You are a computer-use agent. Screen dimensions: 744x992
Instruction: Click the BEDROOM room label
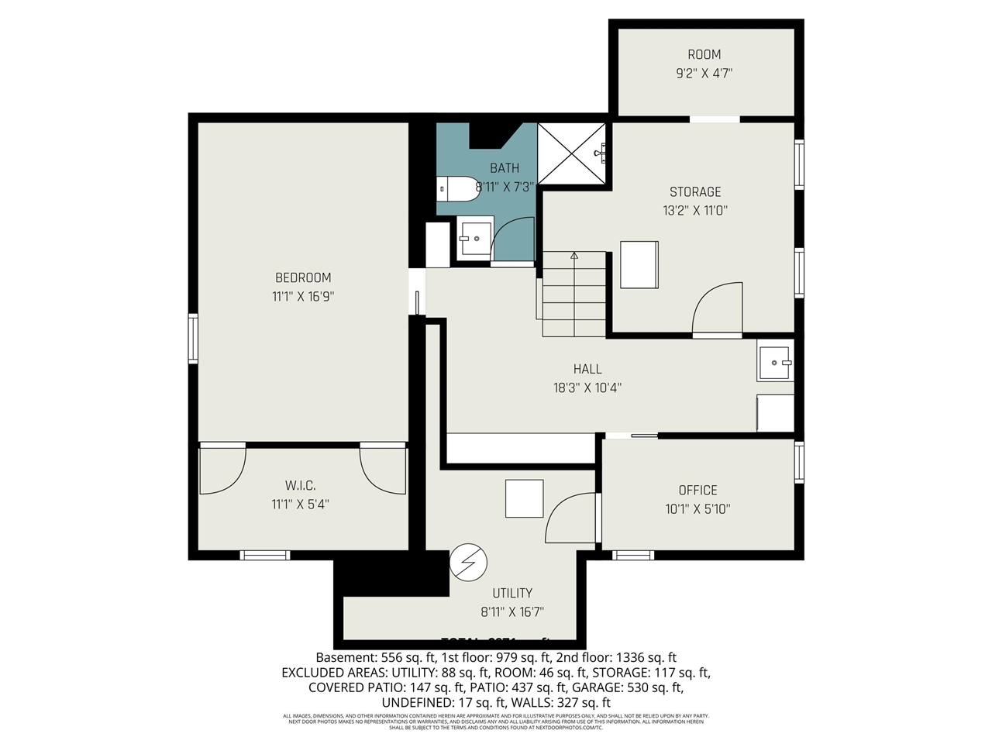coord(303,277)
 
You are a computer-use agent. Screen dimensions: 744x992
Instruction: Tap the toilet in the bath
coord(457,188)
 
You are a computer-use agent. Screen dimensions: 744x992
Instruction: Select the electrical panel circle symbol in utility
coord(468,561)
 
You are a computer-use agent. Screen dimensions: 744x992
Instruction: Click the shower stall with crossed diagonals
coord(571,153)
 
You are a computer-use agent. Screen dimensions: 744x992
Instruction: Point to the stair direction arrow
coord(574,255)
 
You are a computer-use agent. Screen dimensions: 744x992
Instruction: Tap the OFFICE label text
coord(697,490)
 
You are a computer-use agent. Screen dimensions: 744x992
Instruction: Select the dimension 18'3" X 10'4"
coord(587,387)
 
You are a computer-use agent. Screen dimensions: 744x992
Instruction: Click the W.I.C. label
coord(300,485)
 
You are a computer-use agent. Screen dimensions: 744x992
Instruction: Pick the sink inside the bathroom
coord(474,238)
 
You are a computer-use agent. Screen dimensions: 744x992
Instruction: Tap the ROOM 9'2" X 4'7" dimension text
coord(704,74)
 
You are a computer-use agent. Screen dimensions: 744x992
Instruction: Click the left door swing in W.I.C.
coord(222,470)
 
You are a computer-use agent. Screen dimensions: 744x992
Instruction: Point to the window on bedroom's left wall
coord(193,338)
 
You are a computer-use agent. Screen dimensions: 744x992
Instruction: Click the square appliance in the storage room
coord(639,264)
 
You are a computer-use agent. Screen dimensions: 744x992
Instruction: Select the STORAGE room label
coord(695,191)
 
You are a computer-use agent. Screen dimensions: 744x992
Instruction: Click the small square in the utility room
coord(524,498)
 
